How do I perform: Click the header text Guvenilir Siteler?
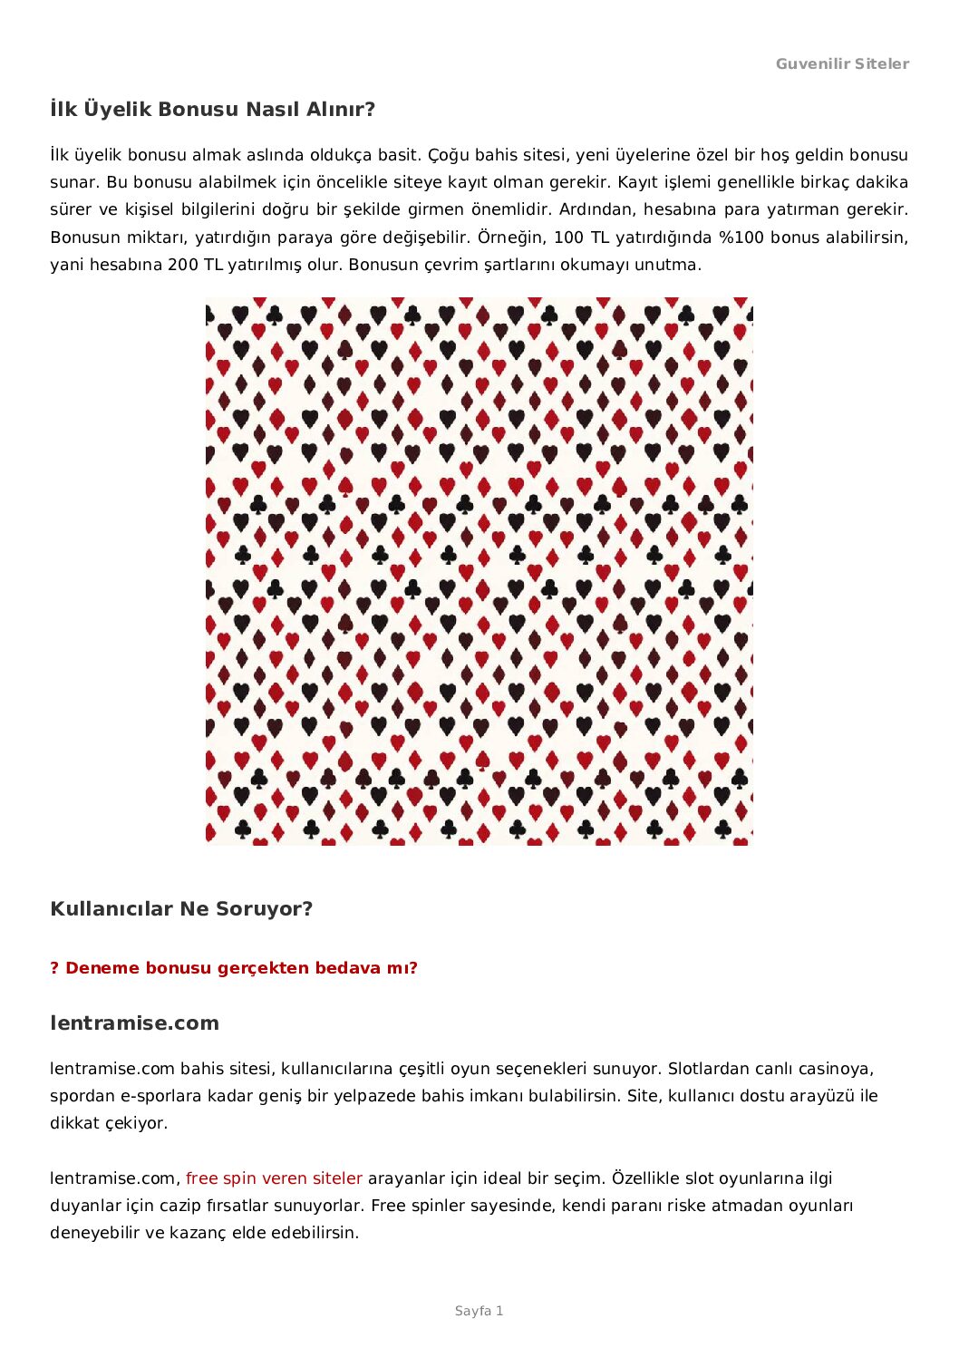[842, 63]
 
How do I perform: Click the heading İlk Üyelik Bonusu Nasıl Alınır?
[212, 110]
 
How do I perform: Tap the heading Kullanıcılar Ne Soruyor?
[181, 909]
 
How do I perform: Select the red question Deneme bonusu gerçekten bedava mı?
[234, 968]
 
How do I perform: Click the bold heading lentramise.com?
[134, 1023]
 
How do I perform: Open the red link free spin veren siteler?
[274, 1178]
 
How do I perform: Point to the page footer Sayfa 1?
[479, 1311]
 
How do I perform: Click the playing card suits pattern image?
[479, 571]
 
